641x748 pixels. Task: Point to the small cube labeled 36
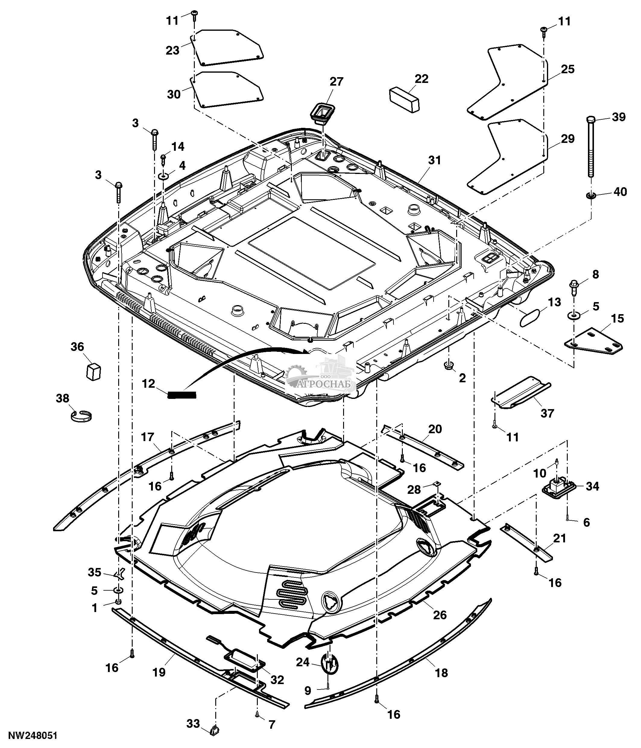tap(93, 371)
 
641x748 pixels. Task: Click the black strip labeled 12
tap(182, 395)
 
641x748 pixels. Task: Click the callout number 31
tap(434, 160)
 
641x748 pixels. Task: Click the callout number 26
tap(440, 615)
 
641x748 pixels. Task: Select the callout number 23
tap(172, 50)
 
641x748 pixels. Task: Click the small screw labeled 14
tap(163, 159)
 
